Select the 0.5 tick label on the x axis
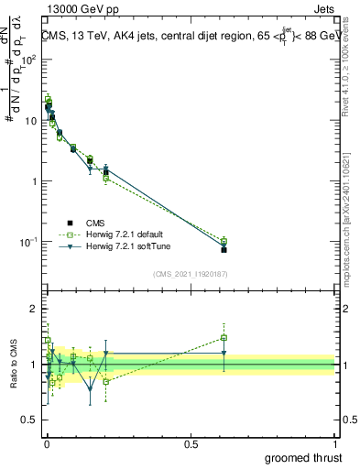coord(191,443)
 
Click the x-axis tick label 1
coord(334,443)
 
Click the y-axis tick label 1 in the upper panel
coord(34,181)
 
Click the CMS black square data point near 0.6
coord(224,249)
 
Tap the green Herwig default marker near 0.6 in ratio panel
coord(224,337)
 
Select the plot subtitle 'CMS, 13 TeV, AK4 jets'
coord(101,37)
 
